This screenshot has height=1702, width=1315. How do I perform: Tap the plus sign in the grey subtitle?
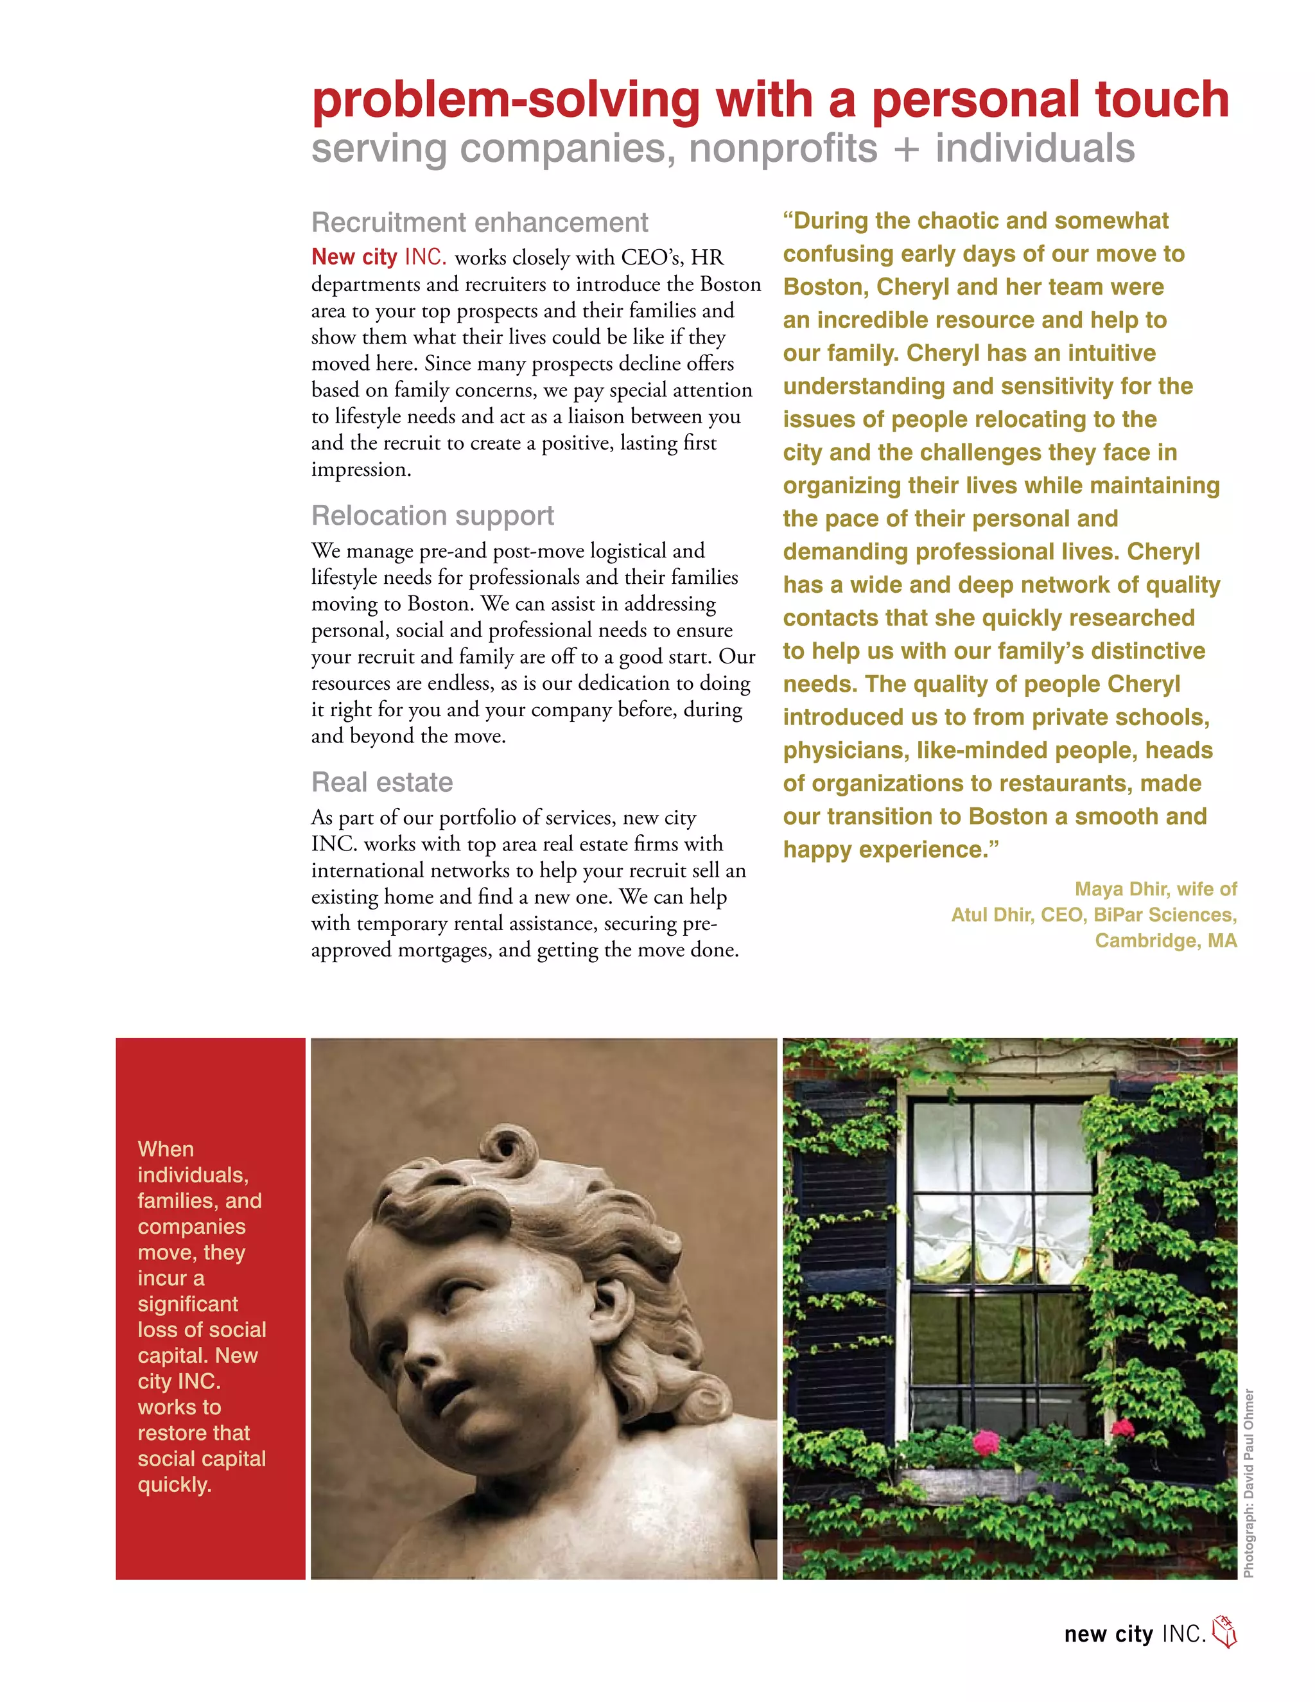(906, 149)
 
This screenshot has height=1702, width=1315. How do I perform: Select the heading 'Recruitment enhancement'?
(479, 223)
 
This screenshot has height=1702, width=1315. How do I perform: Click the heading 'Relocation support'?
(432, 516)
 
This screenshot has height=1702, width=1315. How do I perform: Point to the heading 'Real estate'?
(382, 782)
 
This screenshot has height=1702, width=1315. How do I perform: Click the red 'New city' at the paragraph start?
(354, 257)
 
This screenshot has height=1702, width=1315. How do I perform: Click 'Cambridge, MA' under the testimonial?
(1165, 941)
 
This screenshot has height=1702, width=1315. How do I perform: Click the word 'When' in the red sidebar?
(165, 1150)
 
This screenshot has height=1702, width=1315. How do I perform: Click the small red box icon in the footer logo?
(1224, 1633)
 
